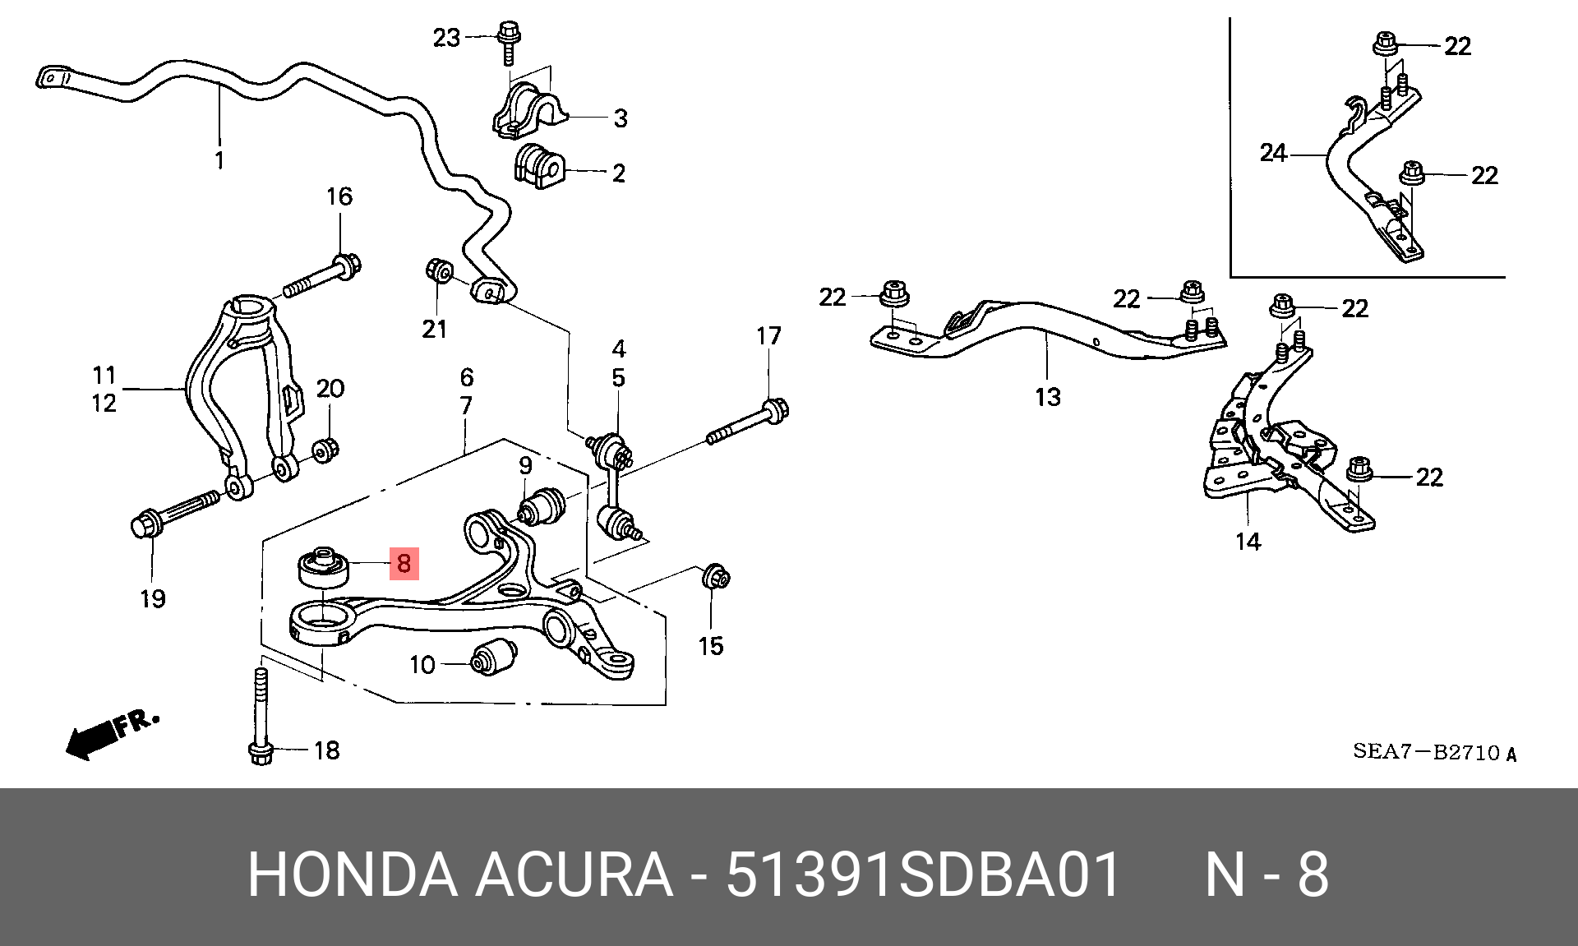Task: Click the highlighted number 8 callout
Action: pyautogui.click(x=404, y=564)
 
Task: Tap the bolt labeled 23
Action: pyautogui.click(x=506, y=46)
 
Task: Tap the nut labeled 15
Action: pyautogui.click(x=715, y=577)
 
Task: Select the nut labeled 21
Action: pyautogui.click(x=437, y=270)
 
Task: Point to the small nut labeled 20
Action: pyautogui.click(x=327, y=449)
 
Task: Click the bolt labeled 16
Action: pyautogui.click(x=324, y=278)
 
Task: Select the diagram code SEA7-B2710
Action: pyautogui.click(x=1434, y=751)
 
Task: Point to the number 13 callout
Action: pyautogui.click(x=1047, y=397)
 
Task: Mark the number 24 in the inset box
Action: pyautogui.click(x=1274, y=153)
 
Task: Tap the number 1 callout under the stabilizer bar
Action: pyautogui.click(x=219, y=159)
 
